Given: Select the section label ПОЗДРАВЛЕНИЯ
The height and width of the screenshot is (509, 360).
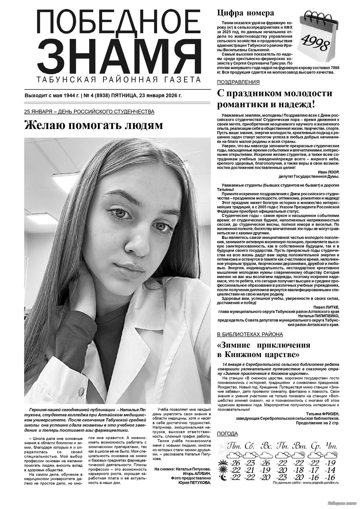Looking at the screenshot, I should click(x=238, y=82).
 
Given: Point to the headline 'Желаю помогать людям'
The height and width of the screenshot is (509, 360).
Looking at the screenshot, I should click(x=93, y=126).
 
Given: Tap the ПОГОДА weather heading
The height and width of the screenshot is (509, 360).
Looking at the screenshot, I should click(x=227, y=434).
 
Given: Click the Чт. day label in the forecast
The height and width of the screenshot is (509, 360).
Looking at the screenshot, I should click(x=331, y=445).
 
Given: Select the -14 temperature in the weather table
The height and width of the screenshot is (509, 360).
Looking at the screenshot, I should click(x=330, y=470).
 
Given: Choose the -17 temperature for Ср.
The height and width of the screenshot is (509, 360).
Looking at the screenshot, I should click(x=314, y=470).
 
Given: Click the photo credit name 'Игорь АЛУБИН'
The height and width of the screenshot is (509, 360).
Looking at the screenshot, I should click(x=195, y=473).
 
